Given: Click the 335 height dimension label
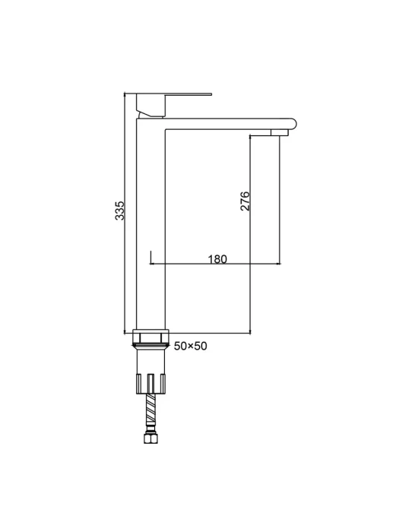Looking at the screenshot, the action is pos(120,211).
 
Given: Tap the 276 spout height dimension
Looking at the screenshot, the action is pos(245,201).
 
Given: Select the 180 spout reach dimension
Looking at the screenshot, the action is pos(217,259).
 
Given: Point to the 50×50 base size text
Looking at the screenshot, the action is pos(190,346).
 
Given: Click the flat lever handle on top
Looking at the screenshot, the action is pos(174,94).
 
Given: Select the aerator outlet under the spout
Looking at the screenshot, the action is pos(280,132).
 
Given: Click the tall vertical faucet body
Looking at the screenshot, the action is pos(150,224).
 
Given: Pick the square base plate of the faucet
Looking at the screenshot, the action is pos(150,331).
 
